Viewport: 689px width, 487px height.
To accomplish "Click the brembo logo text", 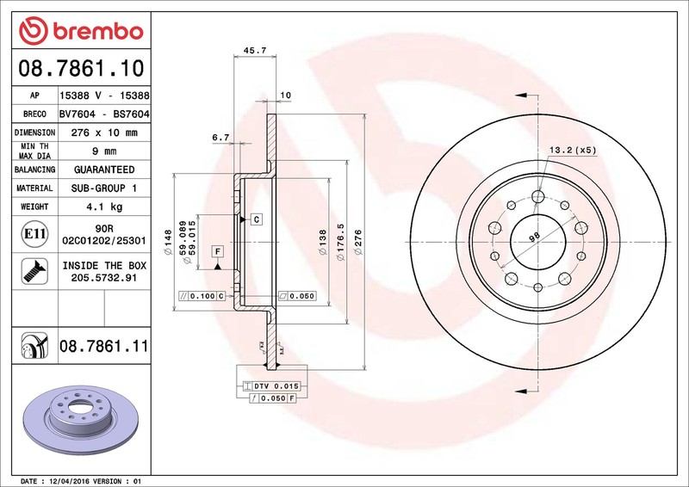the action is click(98, 32).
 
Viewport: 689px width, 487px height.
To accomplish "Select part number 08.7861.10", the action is click(81, 68).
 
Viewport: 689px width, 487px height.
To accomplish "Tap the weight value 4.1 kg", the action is click(104, 207).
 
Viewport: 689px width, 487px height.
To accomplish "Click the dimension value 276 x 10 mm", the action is click(104, 133).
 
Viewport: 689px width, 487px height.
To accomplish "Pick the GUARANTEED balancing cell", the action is click(104, 170).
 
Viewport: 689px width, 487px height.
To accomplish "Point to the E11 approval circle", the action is click(34, 234).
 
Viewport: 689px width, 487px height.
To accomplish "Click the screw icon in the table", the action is click(34, 271).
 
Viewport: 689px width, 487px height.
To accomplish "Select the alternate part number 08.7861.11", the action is click(103, 346).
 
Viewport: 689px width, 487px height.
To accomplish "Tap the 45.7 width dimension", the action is click(255, 51).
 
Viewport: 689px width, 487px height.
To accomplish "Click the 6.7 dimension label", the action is click(220, 138).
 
